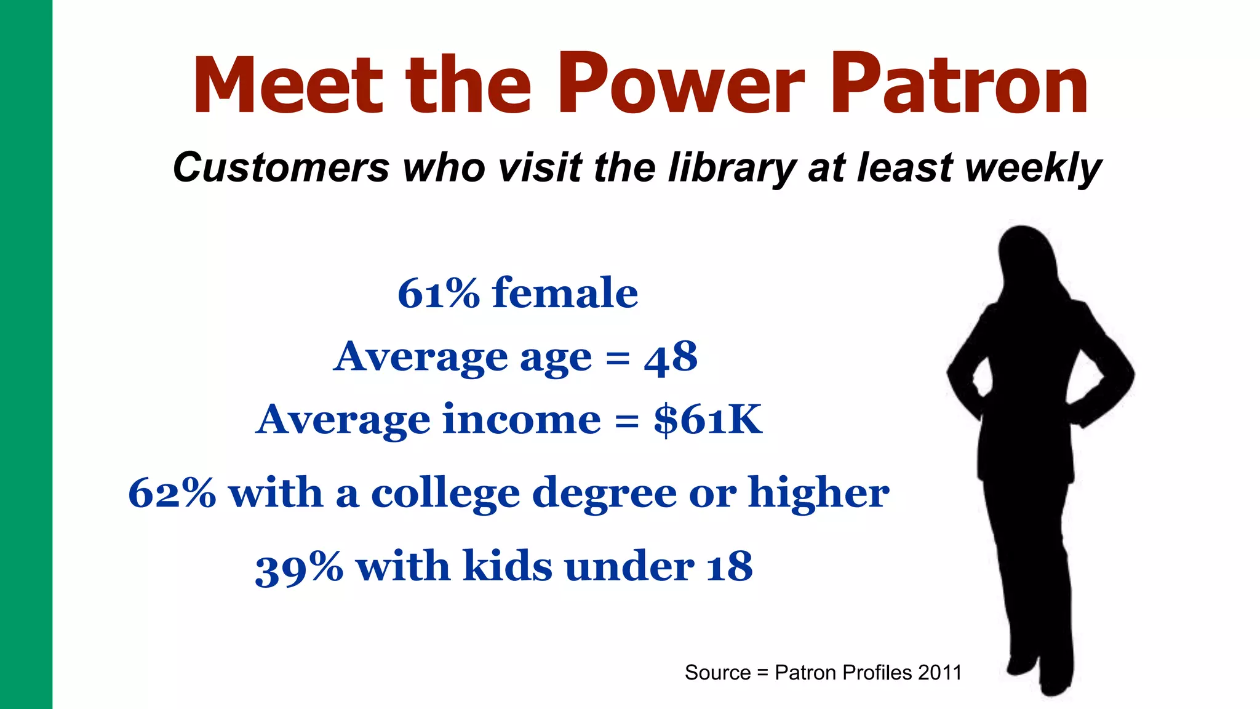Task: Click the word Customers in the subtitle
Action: click(281, 167)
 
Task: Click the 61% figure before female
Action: click(438, 293)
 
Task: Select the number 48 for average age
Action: click(671, 358)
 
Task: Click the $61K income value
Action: click(708, 420)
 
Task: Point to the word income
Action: click(522, 420)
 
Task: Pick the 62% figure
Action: click(172, 494)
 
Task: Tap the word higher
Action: click(818, 493)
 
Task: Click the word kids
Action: click(508, 566)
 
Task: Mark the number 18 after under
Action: click(730, 567)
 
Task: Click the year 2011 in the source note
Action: click(939, 673)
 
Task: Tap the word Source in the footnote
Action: click(717, 673)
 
